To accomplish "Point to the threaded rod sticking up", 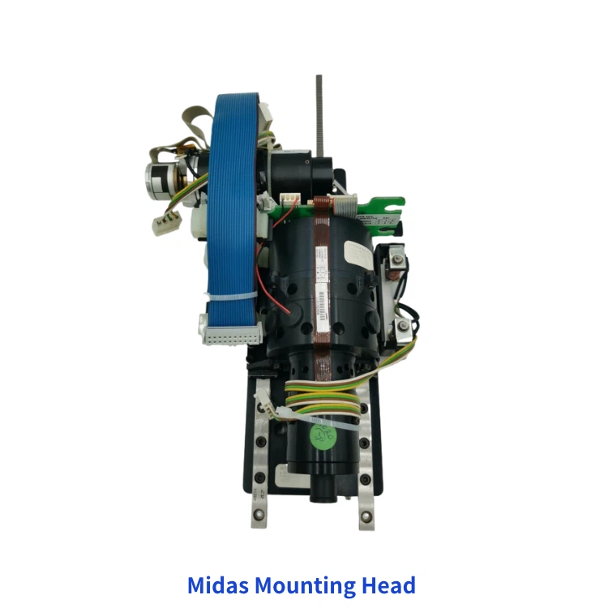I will (x=319, y=113).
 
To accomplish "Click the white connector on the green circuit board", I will (x=289, y=199).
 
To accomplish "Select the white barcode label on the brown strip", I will (x=319, y=308).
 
